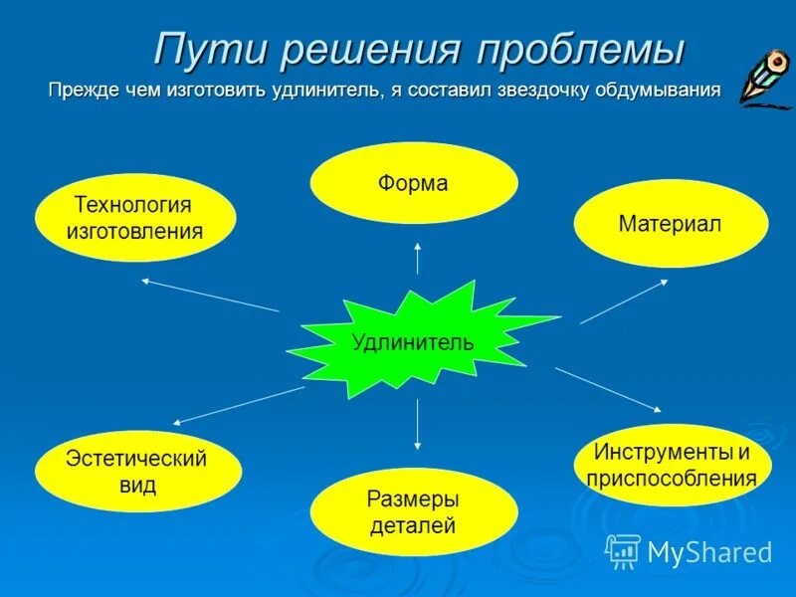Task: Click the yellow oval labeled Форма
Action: [414, 183]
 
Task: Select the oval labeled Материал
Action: [671, 223]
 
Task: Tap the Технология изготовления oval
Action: [135, 218]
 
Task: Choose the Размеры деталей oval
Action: [414, 511]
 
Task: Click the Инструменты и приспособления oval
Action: [673, 465]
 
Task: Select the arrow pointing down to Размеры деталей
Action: [417, 423]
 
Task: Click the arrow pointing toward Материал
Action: [625, 300]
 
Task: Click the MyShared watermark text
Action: [709, 551]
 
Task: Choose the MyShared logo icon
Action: [623, 550]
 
